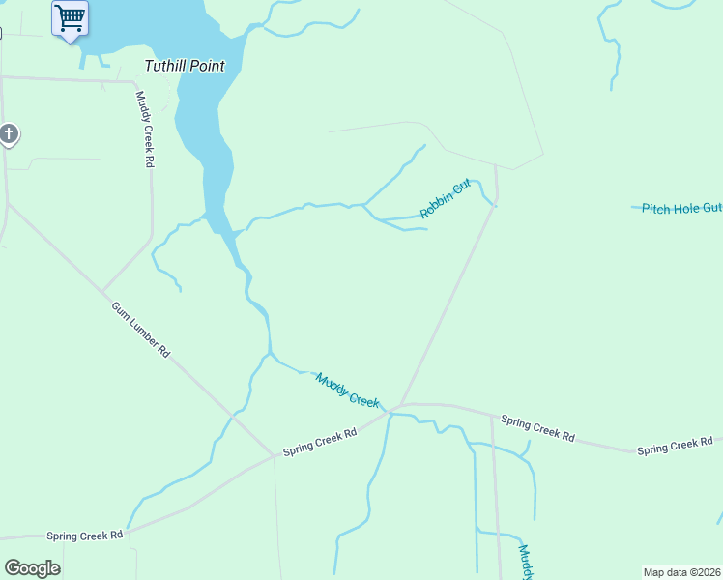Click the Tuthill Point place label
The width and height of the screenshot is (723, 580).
pos(184,67)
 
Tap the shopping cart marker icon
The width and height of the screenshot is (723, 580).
pos(70,18)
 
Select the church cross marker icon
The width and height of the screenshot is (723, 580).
pos(9,134)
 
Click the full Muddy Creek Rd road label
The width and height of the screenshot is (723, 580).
pos(144,130)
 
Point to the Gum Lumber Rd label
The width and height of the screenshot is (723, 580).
pos(141,330)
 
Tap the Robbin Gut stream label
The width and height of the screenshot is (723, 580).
pos(445,197)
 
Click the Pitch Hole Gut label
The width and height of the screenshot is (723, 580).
pos(682,208)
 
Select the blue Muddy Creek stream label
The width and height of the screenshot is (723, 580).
pos(347,389)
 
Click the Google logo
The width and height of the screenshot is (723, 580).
pos(32,568)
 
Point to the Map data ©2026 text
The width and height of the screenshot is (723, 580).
pos(681,572)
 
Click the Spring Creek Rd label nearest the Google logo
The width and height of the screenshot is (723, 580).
pos(85,535)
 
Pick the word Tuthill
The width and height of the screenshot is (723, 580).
pos(164,67)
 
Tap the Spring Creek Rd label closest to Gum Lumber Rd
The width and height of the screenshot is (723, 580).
pos(320,443)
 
